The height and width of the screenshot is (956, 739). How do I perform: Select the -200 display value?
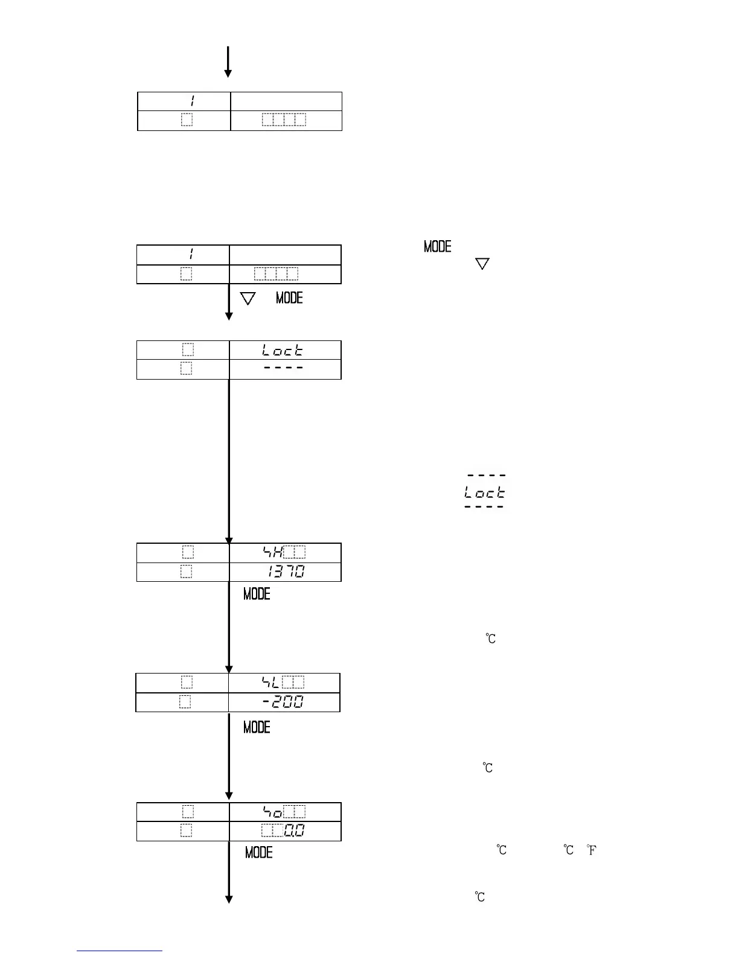[283, 702]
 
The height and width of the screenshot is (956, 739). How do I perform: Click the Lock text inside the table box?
[283, 350]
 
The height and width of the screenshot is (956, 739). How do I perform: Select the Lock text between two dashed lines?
[485, 492]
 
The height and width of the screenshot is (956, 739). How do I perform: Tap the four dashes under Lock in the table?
[283, 368]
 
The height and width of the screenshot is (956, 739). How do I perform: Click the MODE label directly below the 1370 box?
[257, 594]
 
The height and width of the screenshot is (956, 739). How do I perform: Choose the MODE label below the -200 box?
[257, 727]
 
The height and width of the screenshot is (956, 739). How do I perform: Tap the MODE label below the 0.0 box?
[258, 852]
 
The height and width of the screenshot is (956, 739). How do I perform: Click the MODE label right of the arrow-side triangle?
[289, 298]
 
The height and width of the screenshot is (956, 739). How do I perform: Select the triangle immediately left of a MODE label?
[248, 298]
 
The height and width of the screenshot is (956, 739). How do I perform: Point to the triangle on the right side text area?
[482, 264]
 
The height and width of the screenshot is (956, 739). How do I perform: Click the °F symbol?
[592, 850]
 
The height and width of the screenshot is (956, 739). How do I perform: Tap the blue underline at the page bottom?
[120, 951]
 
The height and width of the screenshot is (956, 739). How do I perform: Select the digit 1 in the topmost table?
[191, 101]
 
